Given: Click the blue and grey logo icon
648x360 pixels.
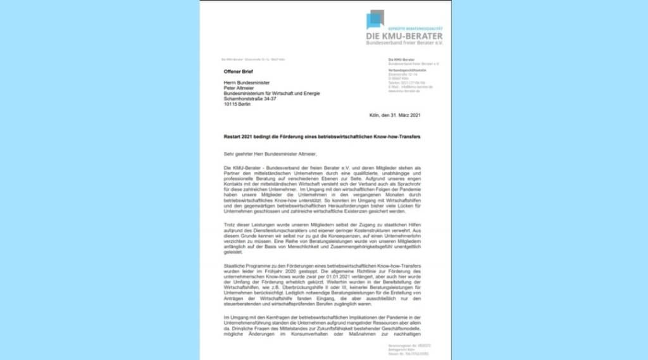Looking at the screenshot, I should click(375, 19).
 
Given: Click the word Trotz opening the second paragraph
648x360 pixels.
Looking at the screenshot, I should click(230, 226).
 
